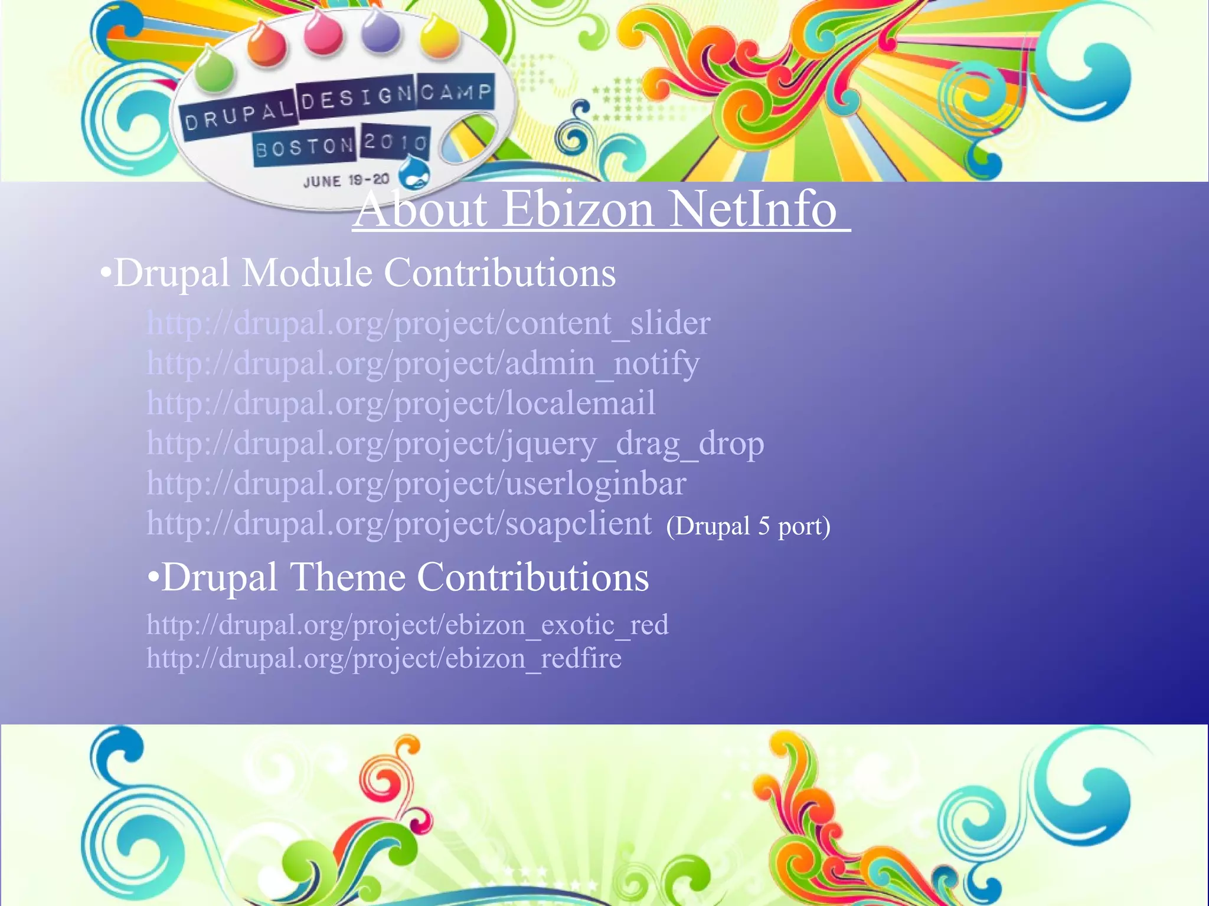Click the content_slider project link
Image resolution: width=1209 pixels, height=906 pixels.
pos(429,324)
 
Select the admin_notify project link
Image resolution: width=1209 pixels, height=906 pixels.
pos(423,364)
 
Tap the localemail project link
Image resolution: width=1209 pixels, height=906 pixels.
pos(401,404)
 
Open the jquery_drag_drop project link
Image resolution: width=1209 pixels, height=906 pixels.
pos(455,444)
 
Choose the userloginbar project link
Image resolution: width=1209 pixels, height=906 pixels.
pos(416,484)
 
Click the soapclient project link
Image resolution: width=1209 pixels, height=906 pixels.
pos(399,524)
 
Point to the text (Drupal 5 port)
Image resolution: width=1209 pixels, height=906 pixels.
pos(748,526)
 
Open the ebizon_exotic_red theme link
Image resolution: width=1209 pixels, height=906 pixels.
pos(407,625)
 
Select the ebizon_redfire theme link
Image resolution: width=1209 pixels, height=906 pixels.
pos(384,659)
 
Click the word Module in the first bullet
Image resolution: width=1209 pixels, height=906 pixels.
pos(307,274)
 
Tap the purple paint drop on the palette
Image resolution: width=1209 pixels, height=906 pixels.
pos(380,31)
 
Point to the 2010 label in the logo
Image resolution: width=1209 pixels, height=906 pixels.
pos(394,142)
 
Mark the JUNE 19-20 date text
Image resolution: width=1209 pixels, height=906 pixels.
pos(346,180)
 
